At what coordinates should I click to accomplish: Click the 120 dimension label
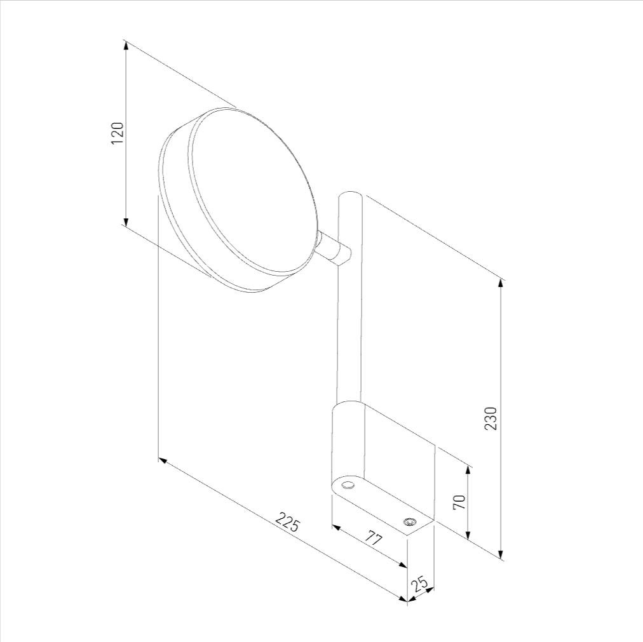[x=118, y=133]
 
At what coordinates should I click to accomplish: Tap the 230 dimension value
[x=491, y=418]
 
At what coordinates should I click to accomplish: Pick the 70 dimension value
[x=459, y=502]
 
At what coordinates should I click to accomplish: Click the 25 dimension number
[x=421, y=584]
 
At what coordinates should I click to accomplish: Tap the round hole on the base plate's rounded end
[x=348, y=485]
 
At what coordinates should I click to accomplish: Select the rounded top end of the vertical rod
[x=350, y=195]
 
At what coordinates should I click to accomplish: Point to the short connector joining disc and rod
[x=334, y=248]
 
